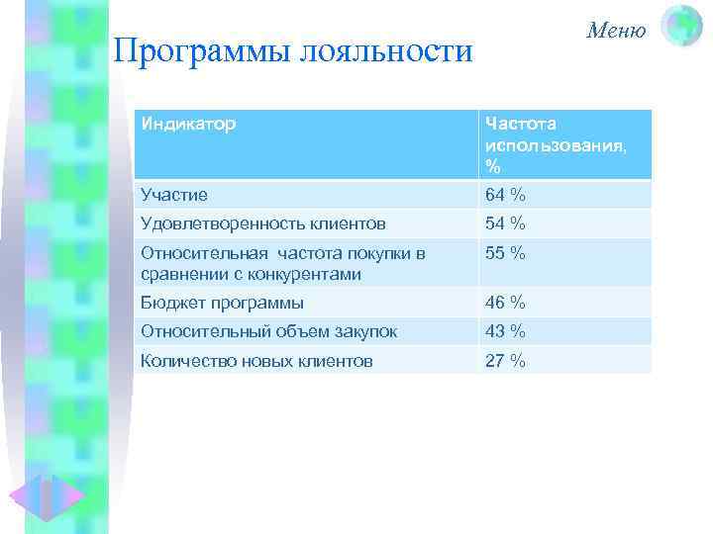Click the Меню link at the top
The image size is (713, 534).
click(615, 30)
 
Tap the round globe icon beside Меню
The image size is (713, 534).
click(680, 27)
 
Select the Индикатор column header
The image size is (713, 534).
click(188, 124)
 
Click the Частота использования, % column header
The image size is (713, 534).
click(555, 144)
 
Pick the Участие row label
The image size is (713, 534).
click(174, 195)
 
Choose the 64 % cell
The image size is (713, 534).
click(505, 195)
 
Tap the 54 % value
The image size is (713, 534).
click(505, 223)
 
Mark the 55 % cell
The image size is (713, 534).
click(505, 253)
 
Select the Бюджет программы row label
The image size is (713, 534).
click(222, 303)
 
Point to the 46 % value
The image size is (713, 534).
click(505, 303)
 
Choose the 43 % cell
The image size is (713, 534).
click(505, 331)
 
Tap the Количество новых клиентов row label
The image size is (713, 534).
click(256, 361)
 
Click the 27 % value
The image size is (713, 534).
click(505, 361)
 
